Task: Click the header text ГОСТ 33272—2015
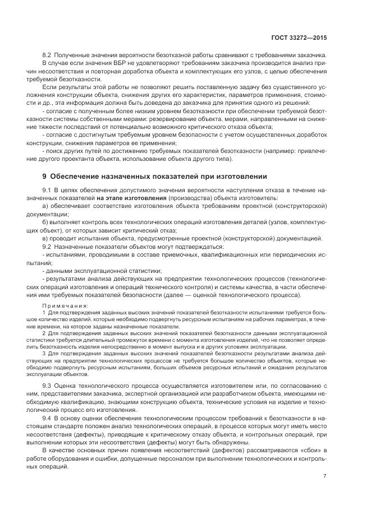(x=299, y=38)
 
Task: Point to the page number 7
(x=324, y=476)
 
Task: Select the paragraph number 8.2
(x=48, y=55)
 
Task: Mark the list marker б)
(x=45, y=222)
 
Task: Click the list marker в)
(x=45, y=238)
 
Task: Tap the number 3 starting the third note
(x=44, y=354)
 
